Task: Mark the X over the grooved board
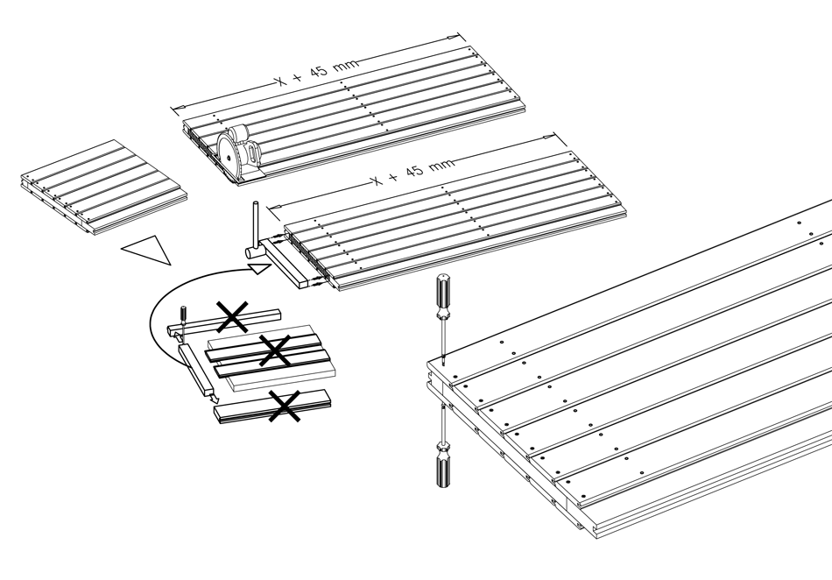274,353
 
